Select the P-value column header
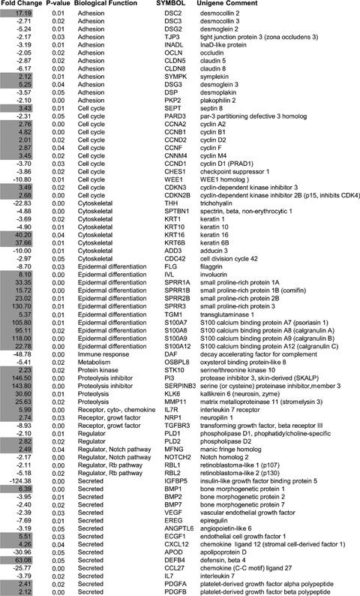(x=58, y=5)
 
